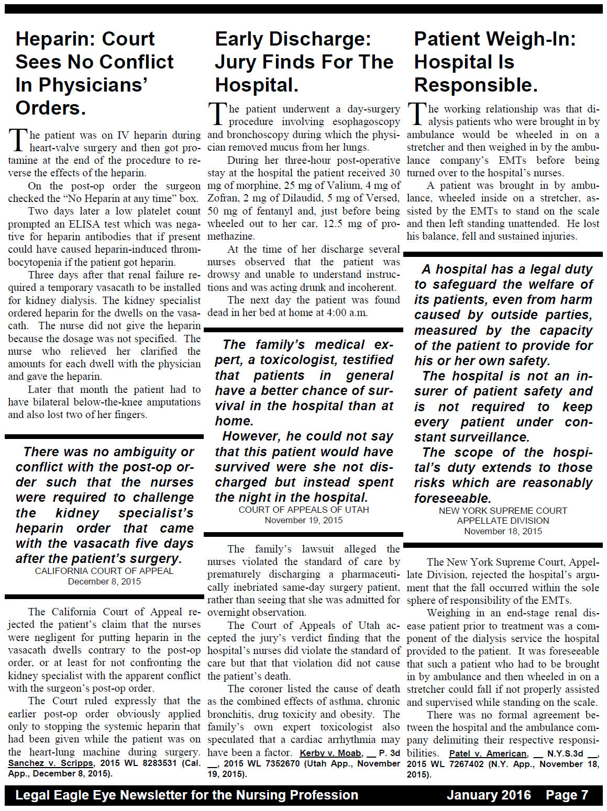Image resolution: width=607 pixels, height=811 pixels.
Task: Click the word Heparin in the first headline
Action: (52, 39)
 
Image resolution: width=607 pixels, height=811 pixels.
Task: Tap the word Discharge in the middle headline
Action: (319, 39)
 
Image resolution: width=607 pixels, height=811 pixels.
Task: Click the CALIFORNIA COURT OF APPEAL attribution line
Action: (104, 571)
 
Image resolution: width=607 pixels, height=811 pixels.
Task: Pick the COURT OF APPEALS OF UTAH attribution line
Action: (304, 510)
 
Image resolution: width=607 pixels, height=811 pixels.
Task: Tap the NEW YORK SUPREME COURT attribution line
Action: (503, 511)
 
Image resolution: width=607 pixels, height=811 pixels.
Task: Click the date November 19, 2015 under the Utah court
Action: (304, 520)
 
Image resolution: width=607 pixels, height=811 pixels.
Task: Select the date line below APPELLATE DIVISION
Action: (503, 531)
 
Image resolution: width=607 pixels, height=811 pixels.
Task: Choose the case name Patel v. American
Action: (488, 753)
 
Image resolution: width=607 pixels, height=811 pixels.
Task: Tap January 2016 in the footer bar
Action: (489, 795)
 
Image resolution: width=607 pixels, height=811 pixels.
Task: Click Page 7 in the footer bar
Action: (567, 795)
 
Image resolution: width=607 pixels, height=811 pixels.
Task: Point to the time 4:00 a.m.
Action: (348, 313)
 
